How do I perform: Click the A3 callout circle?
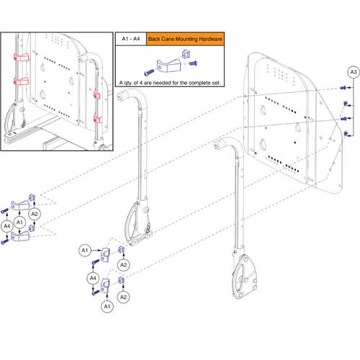tap(352, 73)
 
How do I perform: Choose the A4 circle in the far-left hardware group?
tap(7, 226)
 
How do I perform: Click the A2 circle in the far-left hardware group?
tap(35, 214)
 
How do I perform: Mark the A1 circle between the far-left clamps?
tap(20, 222)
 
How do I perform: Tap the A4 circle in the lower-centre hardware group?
tap(93, 279)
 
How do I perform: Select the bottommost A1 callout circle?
tap(107, 305)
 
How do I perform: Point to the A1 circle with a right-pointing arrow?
tap(84, 250)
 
